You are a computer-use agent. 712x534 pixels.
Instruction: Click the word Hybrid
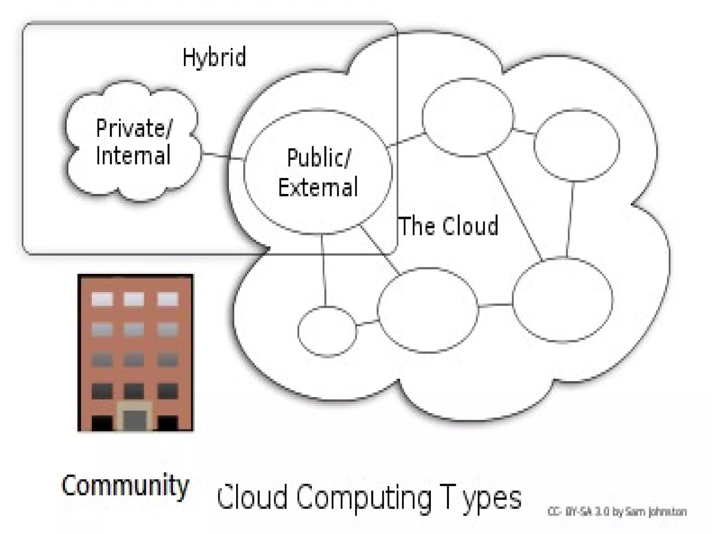(214, 57)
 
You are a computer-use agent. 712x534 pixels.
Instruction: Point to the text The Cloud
(449, 226)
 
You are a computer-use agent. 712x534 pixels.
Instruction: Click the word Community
(125, 486)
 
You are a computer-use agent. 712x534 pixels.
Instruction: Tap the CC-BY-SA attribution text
(617, 512)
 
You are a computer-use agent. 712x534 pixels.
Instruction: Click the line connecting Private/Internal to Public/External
(222, 156)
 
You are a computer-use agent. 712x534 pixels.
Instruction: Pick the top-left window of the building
(102, 299)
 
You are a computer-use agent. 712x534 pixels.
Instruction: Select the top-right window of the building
(168, 299)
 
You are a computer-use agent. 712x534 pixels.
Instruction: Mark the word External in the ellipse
(318, 187)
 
